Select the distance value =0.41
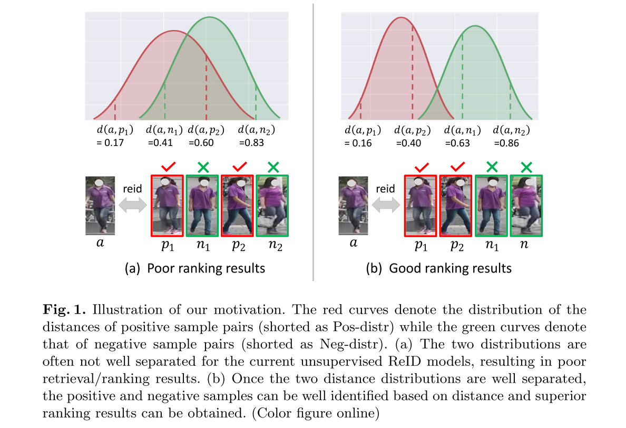pos(160,142)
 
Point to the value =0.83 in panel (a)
pos(252,142)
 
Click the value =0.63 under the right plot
pos(458,143)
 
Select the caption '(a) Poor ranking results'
pos(194,268)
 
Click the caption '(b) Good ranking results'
pos(439,268)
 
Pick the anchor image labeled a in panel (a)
pos(100,206)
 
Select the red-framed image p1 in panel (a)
pos(167,206)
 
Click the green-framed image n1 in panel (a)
pos(202,206)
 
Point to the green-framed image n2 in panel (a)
pos(272,206)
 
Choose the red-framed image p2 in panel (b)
pos(456,206)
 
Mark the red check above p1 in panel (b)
pos(420,168)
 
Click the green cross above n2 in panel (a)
pos(272,168)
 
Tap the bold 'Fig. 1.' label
pos(59,310)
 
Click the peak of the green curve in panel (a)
pos(210,17)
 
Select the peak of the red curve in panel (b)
pos(402,17)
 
